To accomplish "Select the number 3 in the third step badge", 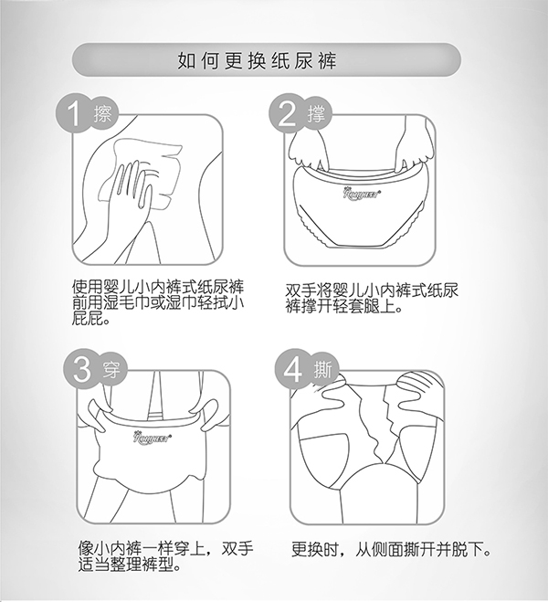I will pyautogui.click(x=78, y=369).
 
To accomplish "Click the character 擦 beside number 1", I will pyautogui.click(x=102, y=116).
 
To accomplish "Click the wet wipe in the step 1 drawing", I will pyautogui.click(x=146, y=169).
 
